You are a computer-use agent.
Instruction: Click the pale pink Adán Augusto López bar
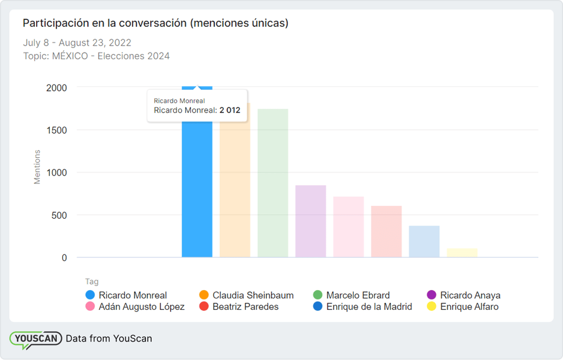[348, 227]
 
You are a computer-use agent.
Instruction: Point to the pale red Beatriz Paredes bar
[386, 231]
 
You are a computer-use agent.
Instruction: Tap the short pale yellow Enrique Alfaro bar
[462, 253]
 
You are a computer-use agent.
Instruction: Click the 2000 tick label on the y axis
[56, 88]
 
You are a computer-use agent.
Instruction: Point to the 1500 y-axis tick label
[56, 130]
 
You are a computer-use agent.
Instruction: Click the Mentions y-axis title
[37, 167]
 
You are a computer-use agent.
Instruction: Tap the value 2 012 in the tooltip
[230, 110]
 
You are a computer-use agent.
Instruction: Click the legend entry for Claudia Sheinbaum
[253, 295]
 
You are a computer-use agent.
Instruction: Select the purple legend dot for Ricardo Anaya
[431, 295]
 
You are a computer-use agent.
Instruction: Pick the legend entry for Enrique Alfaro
[469, 307]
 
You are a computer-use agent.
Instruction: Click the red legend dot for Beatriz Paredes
[204, 307]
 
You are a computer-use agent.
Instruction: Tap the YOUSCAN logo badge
[36, 339]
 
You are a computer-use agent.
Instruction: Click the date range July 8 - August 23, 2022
[77, 43]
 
